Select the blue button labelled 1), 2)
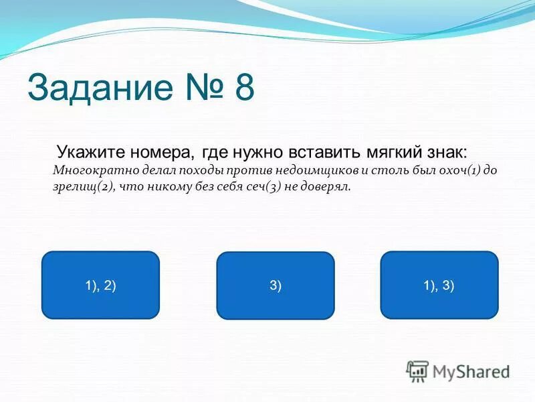(x=100, y=285)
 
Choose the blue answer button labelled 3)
(x=276, y=285)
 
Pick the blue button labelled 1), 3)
(x=439, y=285)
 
